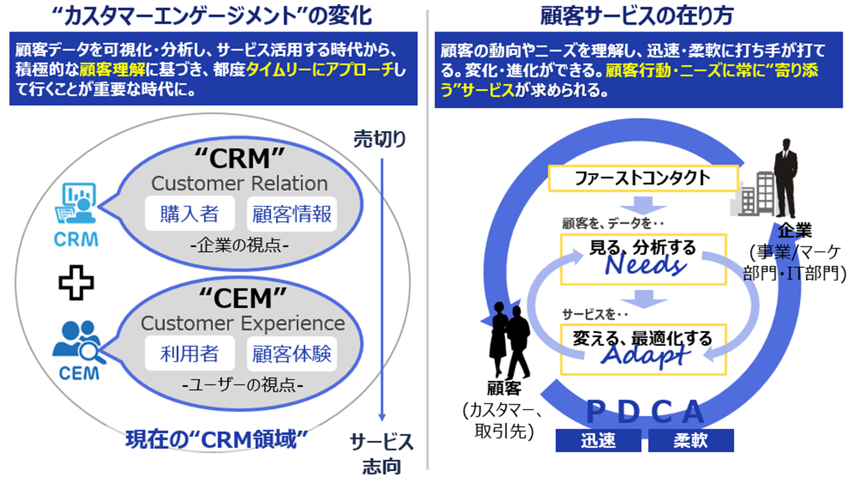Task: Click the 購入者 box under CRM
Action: (x=190, y=214)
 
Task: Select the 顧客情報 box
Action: (x=291, y=214)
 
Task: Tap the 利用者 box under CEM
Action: (x=190, y=353)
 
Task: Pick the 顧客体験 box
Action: (x=291, y=353)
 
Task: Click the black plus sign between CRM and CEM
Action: (x=75, y=282)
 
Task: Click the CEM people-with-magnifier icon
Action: (x=78, y=342)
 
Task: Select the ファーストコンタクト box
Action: (x=643, y=178)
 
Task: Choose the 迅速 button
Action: (x=598, y=441)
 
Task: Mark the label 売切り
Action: (x=379, y=140)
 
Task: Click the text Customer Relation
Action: (x=239, y=183)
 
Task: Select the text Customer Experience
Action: (x=242, y=323)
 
